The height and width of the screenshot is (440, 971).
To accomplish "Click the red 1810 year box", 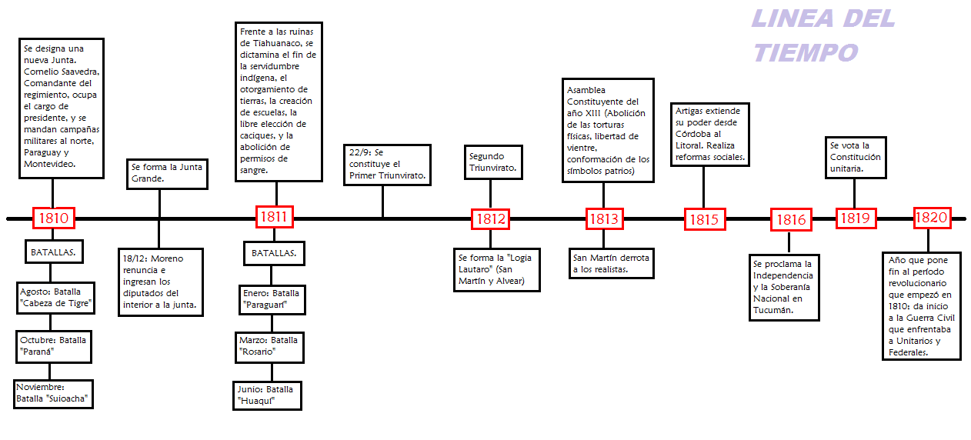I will (x=52, y=218).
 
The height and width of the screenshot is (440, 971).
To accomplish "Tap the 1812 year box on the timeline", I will (x=491, y=218).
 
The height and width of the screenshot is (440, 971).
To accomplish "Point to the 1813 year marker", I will (x=604, y=218).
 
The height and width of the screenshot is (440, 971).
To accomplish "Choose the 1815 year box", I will (x=704, y=219).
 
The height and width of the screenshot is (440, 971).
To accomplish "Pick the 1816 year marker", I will (x=791, y=219).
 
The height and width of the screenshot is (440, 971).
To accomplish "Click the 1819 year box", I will (x=854, y=218).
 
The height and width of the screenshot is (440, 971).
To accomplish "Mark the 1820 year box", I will (x=931, y=218).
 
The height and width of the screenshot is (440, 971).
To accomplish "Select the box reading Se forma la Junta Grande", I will (x=167, y=173).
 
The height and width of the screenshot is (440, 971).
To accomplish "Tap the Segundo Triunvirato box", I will (x=494, y=162).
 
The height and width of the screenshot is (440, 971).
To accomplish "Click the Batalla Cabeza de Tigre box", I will (x=55, y=298).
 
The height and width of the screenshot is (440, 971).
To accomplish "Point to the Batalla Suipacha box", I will (x=53, y=394).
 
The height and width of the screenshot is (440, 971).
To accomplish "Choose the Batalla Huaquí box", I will (x=267, y=395).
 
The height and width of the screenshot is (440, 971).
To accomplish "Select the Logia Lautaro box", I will (x=496, y=269).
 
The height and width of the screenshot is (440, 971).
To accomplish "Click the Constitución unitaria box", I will (x=856, y=157).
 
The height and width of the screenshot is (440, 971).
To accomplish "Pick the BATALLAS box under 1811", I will (x=275, y=252).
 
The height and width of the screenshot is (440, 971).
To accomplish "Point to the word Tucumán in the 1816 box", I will (x=772, y=310).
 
